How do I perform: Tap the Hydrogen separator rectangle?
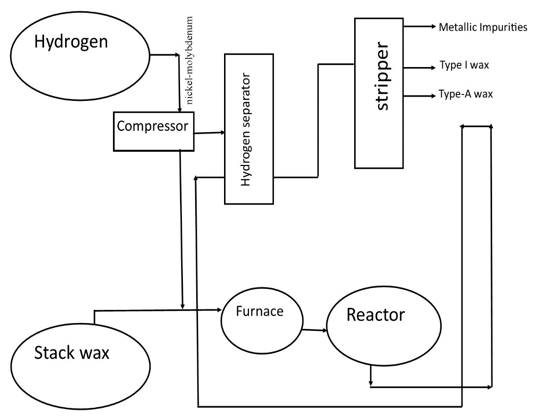pyautogui.click(x=248, y=128)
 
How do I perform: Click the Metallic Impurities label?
pyautogui.click(x=482, y=27)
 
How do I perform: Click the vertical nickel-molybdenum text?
pyautogui.click(x=190, y=61)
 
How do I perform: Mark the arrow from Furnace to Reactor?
pyautogui.click(x=315, y=330)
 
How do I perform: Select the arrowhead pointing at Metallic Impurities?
pyautogui.click(x=432, y=27)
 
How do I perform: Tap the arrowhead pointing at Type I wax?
pyautogui.click(x=432, y=66)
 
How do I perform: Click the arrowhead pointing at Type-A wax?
pyautogui.click(x=432, y=95)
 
